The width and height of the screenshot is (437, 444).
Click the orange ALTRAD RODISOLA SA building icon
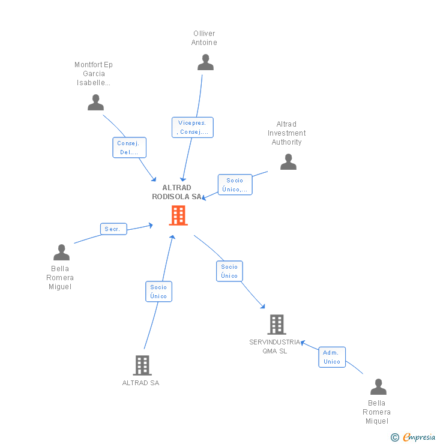178,215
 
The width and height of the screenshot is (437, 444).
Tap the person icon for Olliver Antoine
205,62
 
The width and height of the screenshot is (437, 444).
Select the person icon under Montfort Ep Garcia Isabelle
95,103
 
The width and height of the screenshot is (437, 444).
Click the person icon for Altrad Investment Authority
288,162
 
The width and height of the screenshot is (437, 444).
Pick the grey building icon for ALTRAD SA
142,365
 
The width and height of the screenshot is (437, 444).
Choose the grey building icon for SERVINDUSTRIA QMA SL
276,325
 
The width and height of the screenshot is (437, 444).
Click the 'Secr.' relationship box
113,229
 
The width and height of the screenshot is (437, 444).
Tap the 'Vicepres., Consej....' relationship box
192,127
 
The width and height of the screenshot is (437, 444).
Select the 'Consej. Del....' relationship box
129,148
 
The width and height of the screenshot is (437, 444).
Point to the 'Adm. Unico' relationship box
332,357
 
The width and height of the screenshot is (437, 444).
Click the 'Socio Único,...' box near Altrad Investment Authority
235,185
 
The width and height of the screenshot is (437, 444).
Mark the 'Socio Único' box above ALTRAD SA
158,292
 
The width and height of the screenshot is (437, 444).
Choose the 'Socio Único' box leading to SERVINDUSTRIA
229,271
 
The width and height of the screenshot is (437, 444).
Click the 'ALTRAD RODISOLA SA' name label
177,192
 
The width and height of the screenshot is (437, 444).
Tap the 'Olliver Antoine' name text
204,38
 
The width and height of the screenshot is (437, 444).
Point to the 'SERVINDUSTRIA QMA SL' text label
274,346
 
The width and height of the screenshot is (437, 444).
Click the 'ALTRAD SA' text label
140,383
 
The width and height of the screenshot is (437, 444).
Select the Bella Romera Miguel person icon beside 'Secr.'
61,253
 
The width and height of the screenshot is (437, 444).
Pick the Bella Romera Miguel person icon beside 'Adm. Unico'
378,387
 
